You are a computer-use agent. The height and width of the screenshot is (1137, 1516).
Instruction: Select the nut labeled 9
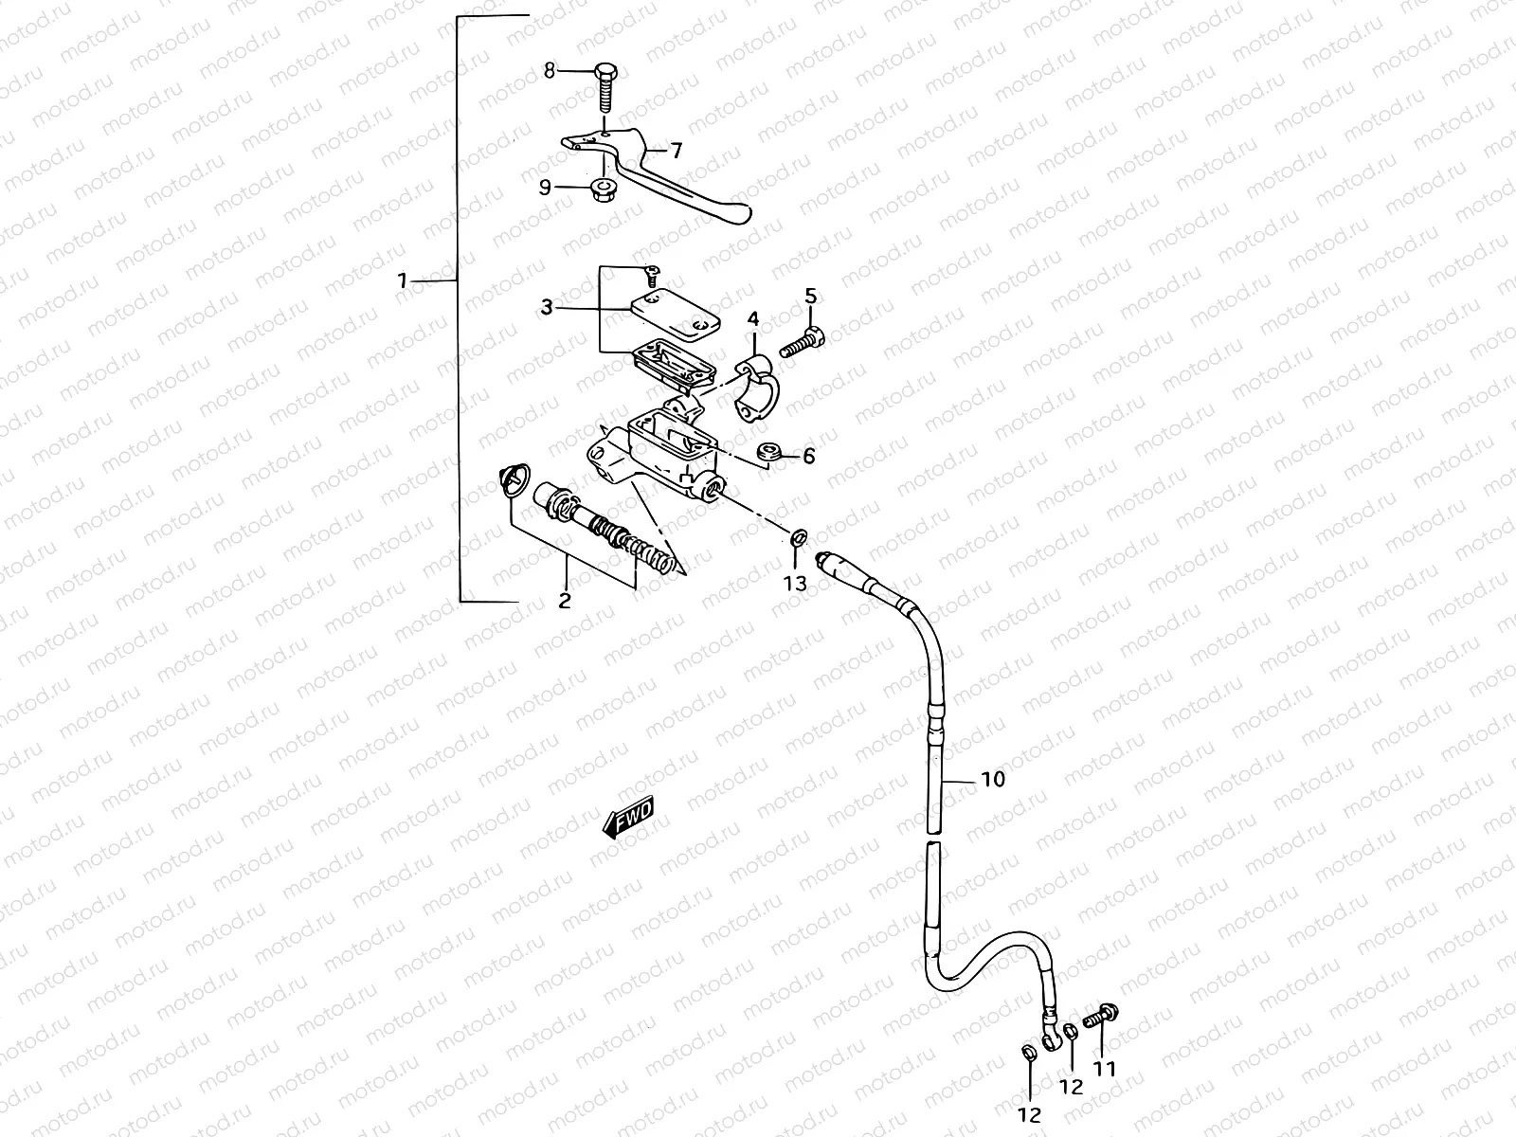tap(600, 189)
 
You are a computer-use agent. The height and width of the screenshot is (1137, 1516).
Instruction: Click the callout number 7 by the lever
tap(677, 150)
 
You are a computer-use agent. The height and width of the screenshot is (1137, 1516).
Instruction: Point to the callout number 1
tap(403, 280)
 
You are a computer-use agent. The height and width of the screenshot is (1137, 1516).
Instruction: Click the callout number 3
tap(547, 307)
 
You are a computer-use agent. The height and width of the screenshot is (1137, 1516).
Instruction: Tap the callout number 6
tap(808, 456)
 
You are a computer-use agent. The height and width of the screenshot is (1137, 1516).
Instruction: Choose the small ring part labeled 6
tap(770, 452)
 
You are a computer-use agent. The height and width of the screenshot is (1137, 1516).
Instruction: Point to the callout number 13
tap(796, 583)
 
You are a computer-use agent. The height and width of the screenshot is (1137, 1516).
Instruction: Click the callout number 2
tap(565, 600)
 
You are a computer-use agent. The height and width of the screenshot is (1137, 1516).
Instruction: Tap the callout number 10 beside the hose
tap(993, 780)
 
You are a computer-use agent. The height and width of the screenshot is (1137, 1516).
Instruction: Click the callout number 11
tap(1105, 1069)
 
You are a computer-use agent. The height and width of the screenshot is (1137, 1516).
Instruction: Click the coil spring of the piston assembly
tap(650, 554)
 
